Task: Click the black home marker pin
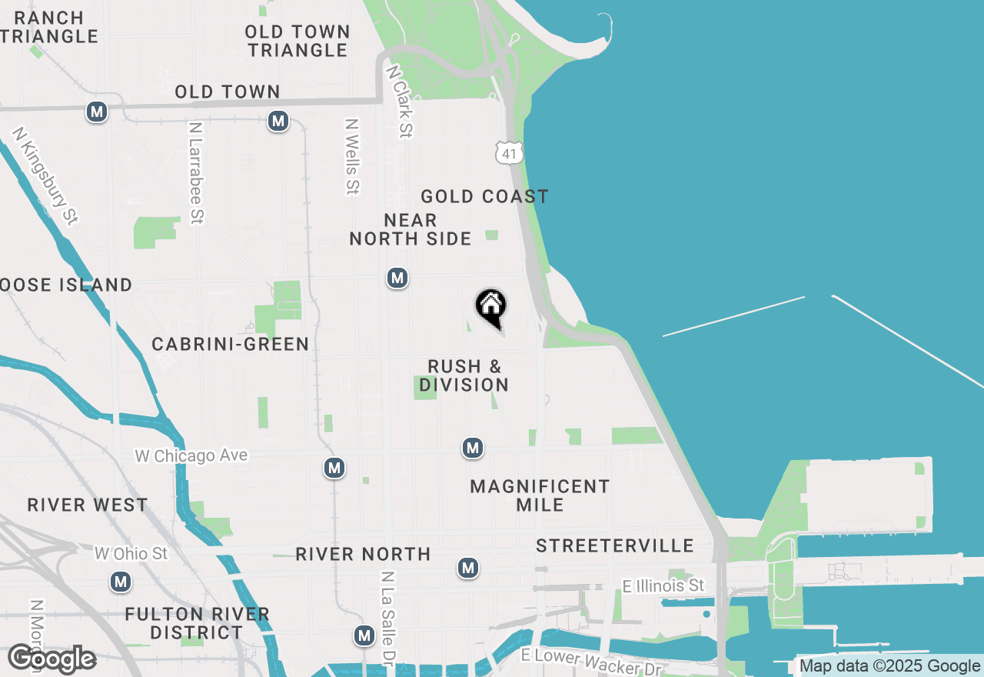[x=491, y=306]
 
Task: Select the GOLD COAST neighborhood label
[x=484, y=197]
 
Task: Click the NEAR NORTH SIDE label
[x=411, y=230]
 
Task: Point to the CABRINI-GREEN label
[x=231, y=344]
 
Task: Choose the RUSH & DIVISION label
[x=464, y=375]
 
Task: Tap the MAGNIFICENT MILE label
[x=540, y=495]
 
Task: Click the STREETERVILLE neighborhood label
[x=615, y=546]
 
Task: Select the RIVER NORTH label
[x=364, y=554]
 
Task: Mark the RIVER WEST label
[x=88, y=505]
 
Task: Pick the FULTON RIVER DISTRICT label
[x=197, y=623]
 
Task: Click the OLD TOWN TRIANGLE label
[x=298, y=41]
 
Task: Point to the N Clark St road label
[x=401, y=101]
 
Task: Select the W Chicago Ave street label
[x=191, y=456]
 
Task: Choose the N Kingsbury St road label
[x=45, y=176]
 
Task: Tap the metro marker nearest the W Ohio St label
[x=120, y=582]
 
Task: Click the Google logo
[x=52, y=659]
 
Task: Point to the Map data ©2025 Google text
[x=889, y=666]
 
